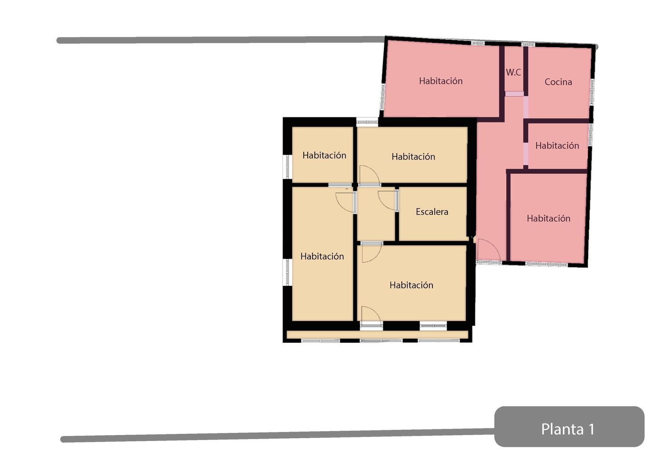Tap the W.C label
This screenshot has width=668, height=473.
click(x=513, y=72)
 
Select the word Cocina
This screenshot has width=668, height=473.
click(x=558, y=82)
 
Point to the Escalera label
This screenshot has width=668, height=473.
click(x=432, y=212)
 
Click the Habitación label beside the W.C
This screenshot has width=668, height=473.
click(x=441, y=81)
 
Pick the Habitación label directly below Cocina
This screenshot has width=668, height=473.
click(x=557, y=146)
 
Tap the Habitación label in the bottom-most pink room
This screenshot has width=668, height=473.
click(x=548, y=218)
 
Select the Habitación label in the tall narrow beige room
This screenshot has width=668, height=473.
click(x=322, y=256)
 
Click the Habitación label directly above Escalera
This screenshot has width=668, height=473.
click(x=413, y=156)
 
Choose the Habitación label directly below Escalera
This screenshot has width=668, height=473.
click(x=411, y=285)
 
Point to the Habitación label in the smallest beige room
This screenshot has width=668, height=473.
click(x=324, y=155)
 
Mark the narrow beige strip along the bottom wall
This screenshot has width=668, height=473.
click(x=377, y=334)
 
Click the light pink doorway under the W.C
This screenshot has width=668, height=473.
click(x=514, y=94)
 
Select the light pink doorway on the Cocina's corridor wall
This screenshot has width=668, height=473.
click(x=526, y=107)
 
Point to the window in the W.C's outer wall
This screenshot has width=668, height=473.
click(x=528, y=45)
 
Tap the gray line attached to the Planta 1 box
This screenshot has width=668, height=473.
click(x=277, y=436)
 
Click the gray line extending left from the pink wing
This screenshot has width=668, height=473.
click(x=221, y=40)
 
